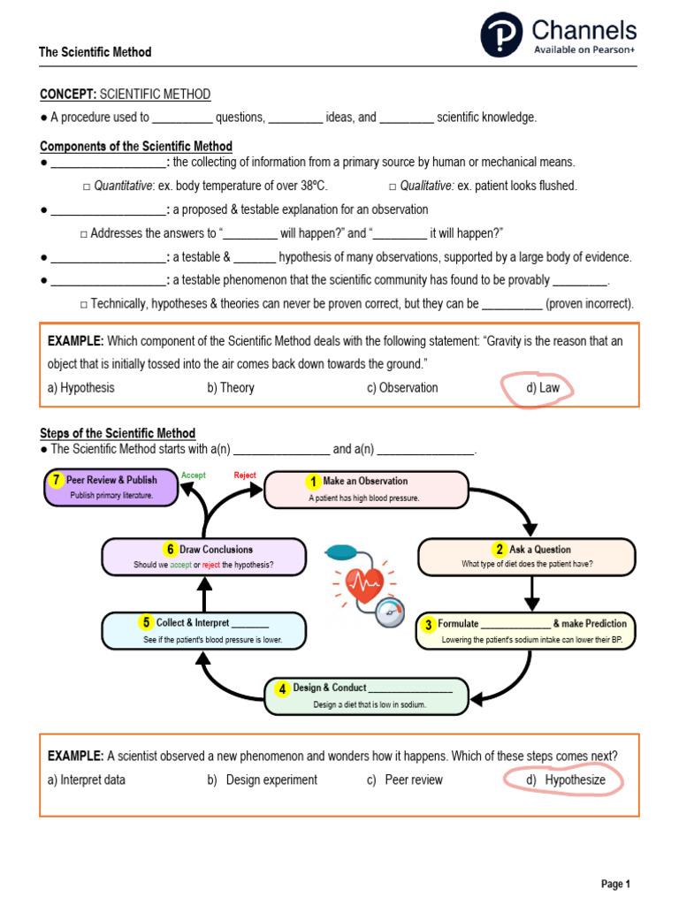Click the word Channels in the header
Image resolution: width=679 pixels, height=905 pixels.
coord(584,31)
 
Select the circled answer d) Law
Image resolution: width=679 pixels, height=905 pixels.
coord(538,387)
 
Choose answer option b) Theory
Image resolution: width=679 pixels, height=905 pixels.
coord(231,388)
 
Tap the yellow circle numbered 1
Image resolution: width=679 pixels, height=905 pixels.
coord(312,482)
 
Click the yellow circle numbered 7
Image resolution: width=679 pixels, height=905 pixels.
coord(56,480)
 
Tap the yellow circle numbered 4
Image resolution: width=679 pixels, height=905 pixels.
coord(282,688)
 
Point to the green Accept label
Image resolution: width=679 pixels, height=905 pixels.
coord(193,475)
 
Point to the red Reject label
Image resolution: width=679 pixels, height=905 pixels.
coord(245,475)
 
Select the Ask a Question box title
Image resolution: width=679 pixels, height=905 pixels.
coord(539,550)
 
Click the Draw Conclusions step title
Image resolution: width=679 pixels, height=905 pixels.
coord(216,550)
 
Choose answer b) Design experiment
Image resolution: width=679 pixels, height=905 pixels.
coord(263,780)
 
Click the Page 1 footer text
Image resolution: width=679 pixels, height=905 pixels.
coord(615,884)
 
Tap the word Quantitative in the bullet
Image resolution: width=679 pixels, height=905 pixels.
coord(123,186)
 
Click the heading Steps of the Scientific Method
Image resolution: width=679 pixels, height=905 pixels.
coord(118,433)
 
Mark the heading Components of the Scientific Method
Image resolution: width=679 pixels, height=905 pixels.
coord(136,147)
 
